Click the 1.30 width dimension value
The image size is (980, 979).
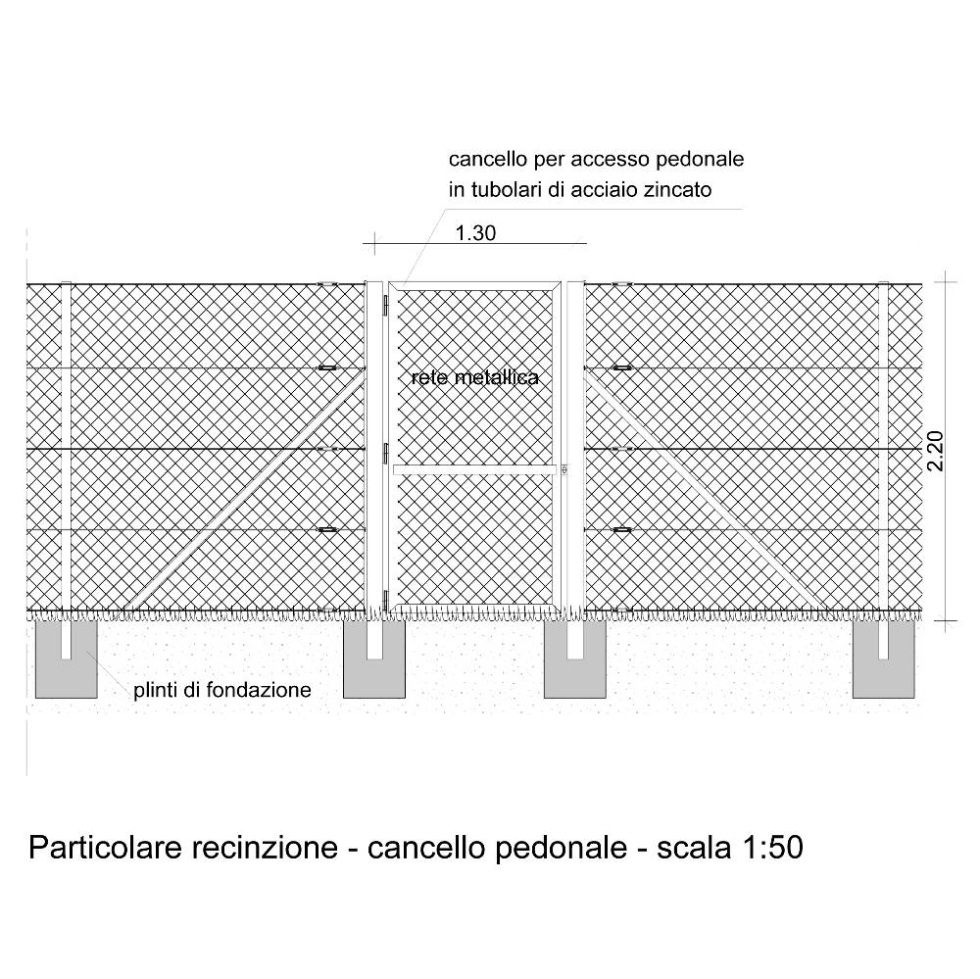[475, 233]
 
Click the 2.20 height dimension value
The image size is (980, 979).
[936, 452]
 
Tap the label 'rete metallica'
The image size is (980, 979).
[475, 377]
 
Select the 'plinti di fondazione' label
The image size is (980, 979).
[221, 690]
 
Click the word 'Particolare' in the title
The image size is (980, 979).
[105, 849]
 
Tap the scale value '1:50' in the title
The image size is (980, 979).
[772, 849]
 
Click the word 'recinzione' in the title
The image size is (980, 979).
[265, 849]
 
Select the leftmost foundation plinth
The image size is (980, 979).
[67, 660]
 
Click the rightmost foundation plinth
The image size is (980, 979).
[884, 660]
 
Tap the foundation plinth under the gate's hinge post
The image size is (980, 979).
[373, 660]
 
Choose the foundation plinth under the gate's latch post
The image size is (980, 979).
[575, 660]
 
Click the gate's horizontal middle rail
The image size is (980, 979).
[475, 469]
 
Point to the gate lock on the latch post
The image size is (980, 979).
[564, 468]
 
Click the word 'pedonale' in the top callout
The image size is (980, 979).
[700, 159]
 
